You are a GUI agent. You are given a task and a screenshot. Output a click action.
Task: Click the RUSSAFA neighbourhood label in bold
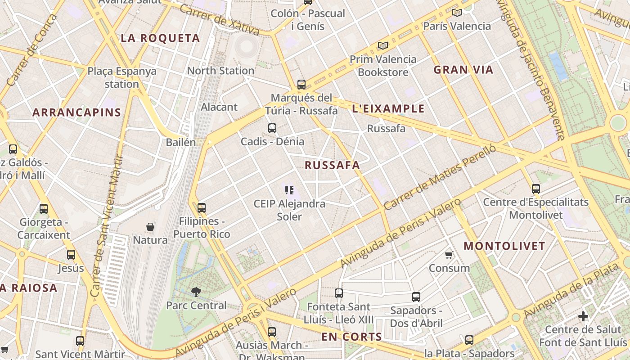click(x=333, y=165)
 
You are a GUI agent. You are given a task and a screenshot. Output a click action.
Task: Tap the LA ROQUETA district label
click(x=160, y=38)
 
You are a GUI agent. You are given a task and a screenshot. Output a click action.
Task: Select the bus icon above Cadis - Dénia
click(x=272, y=128)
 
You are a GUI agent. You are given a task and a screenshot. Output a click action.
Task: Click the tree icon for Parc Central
click(x=196, y=292)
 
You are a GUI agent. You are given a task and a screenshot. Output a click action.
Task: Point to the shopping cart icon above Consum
click(x=449, y=255)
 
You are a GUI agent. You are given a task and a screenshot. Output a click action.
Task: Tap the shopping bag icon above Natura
click(x=150, y=227)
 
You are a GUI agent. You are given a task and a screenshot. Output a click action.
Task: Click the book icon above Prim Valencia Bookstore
click(x=383, y=46)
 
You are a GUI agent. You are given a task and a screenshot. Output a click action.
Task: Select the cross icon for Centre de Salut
click(x=583, y=316)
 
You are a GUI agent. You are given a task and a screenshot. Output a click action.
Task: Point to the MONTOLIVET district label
click(x=504, y=246)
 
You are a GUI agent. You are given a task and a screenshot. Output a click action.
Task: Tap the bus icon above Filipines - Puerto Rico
click(x=202, y=208)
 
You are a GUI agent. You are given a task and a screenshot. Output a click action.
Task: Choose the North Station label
click(x=220, y=71)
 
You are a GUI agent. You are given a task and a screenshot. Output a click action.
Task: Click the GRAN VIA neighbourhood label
click(x=463, y=70)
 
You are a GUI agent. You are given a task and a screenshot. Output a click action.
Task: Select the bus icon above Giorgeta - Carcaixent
click(x=44, y=209)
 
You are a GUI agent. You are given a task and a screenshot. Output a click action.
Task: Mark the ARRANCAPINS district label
click(x=77, y=112)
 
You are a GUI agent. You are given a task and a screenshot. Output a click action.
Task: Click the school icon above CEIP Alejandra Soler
click(x=289, y=190)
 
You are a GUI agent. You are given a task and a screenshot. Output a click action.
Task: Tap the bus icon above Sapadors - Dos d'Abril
click(x=416, y=297)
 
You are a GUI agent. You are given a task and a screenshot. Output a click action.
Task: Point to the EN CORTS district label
click(x=352, y=337)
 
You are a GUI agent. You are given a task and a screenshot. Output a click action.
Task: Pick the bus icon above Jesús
click(x=71, y=255)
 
